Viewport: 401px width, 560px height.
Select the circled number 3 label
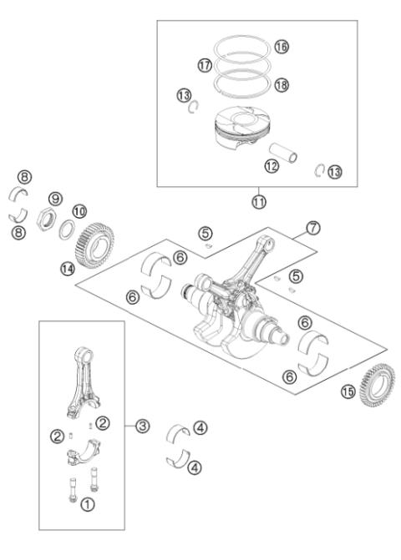(x=142, y=426)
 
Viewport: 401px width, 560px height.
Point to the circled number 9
(x=54, y=199)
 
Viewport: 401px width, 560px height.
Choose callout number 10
(x=79, y=213)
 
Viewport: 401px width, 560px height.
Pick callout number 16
(x=282, y=47)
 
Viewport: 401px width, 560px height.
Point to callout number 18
(x=282, y=86)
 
